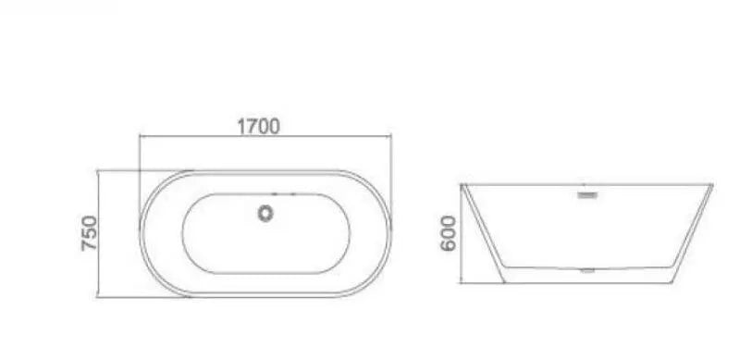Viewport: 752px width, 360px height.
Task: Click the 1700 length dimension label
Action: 258,126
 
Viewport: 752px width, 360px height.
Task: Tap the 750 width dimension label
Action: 90,233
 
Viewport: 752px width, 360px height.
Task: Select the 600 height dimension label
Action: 449,233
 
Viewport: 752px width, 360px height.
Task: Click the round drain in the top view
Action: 265,214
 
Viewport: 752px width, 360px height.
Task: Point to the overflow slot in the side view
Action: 587,195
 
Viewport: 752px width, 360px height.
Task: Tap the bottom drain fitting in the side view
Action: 587,271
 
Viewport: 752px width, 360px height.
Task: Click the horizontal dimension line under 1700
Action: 265,136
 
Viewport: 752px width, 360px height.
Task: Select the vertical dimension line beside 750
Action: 98,234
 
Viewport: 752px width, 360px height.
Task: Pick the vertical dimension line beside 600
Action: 462,234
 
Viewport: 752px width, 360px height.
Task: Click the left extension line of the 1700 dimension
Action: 139,178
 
